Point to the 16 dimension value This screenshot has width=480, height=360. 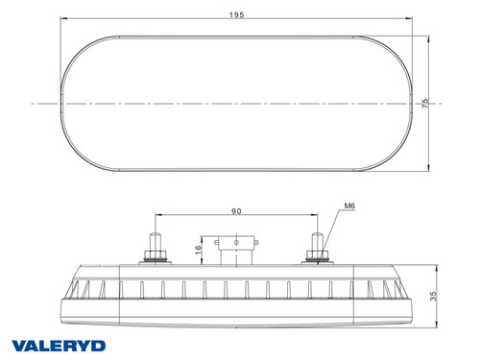[196, 252]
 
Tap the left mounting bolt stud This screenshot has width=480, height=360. [154, 235]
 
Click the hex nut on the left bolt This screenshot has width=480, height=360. [154, 255]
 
